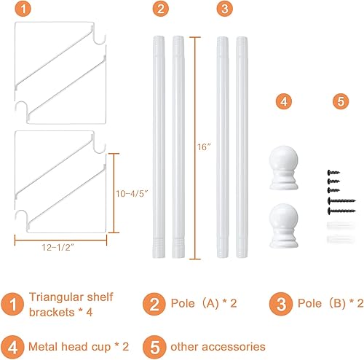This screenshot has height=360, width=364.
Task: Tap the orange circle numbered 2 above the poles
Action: click(161, 9)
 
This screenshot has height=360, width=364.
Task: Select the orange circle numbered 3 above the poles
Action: click(225, 9)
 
